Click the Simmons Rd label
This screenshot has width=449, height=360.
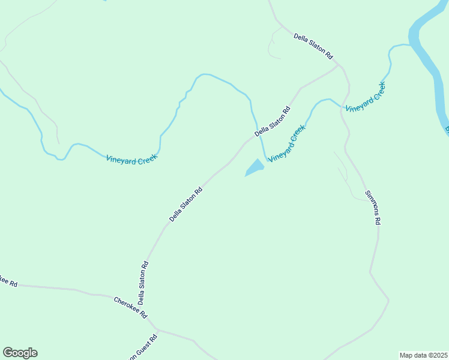373,208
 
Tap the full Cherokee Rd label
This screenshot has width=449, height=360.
130,307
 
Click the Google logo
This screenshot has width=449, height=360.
20,353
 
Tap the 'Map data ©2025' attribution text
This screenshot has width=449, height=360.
423,355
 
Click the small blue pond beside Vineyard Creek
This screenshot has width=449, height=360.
255,168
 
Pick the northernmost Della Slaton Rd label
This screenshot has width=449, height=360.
313,46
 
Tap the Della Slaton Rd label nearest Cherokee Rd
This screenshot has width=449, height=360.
143,283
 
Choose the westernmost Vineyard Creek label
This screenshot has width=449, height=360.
131,158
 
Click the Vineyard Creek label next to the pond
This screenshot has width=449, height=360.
287,143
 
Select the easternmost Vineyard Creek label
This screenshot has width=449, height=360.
365,97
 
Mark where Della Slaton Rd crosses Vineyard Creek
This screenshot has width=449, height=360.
259,136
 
